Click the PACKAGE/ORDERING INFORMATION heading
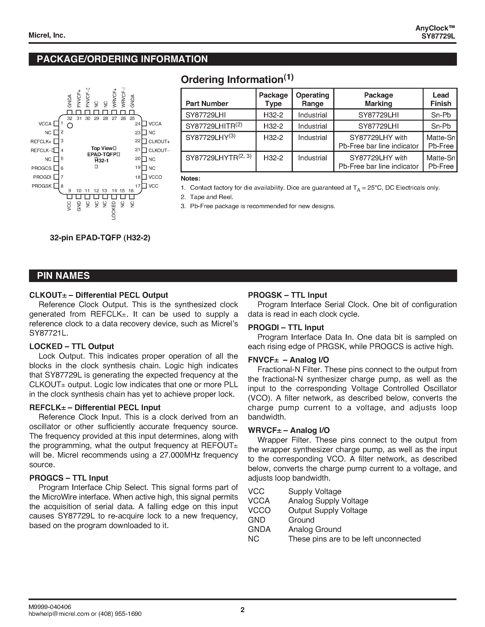[122, 59]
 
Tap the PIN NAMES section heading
[63, 276]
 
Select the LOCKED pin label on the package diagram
[113, 211]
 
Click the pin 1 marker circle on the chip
[70, 125]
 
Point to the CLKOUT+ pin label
[159, 142]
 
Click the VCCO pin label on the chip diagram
[155, 177]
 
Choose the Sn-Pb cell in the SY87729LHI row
[440, 115]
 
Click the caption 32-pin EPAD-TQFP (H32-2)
[100, 238]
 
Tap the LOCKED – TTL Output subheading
[71, 346]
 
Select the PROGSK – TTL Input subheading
[287, 295]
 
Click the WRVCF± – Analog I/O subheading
[289, 430]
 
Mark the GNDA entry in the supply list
[259, 529]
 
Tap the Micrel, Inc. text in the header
[47, 35]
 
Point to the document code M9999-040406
[50, 607]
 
